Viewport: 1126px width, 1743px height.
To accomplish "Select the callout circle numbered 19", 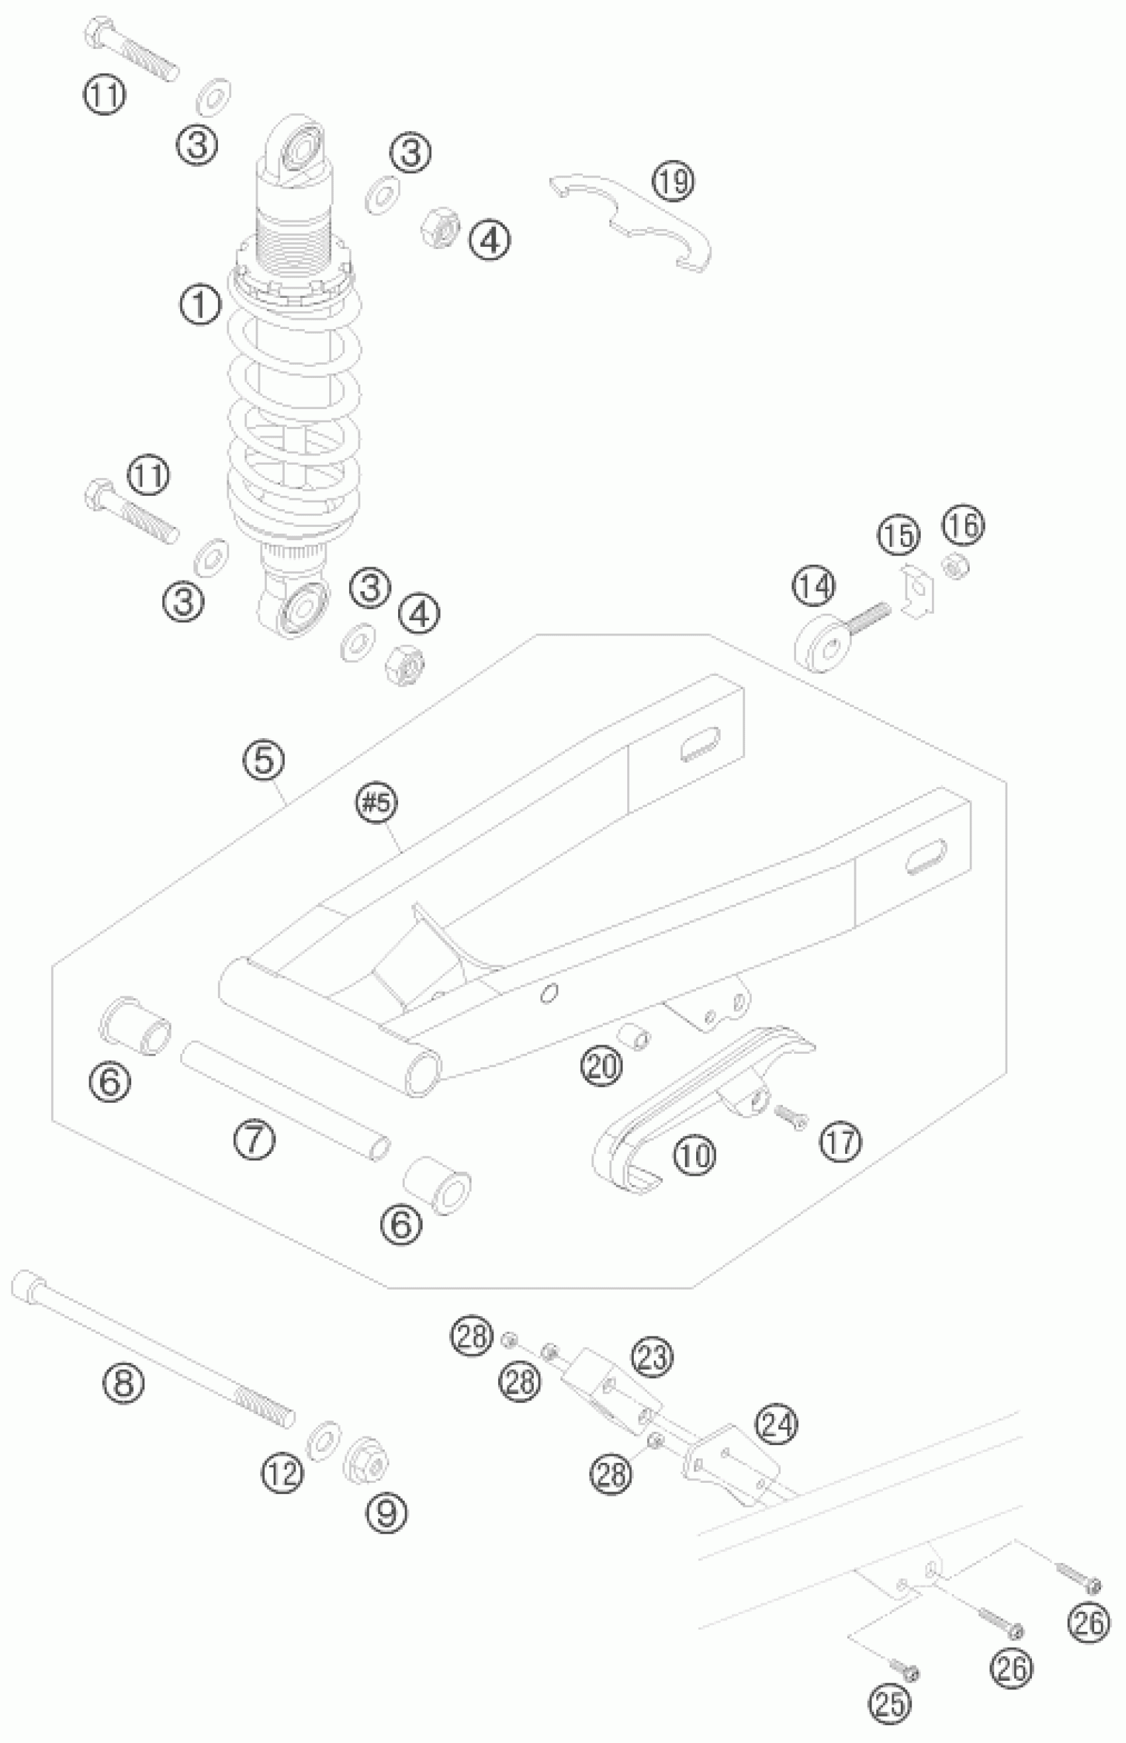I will point(674,182).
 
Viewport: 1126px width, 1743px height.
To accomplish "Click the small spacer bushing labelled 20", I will point(633,1036).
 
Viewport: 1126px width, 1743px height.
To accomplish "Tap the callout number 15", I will point(899,535).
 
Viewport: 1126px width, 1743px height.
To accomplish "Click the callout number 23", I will point(653,1356).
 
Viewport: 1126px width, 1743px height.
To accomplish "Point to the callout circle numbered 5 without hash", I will point(264,761).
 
